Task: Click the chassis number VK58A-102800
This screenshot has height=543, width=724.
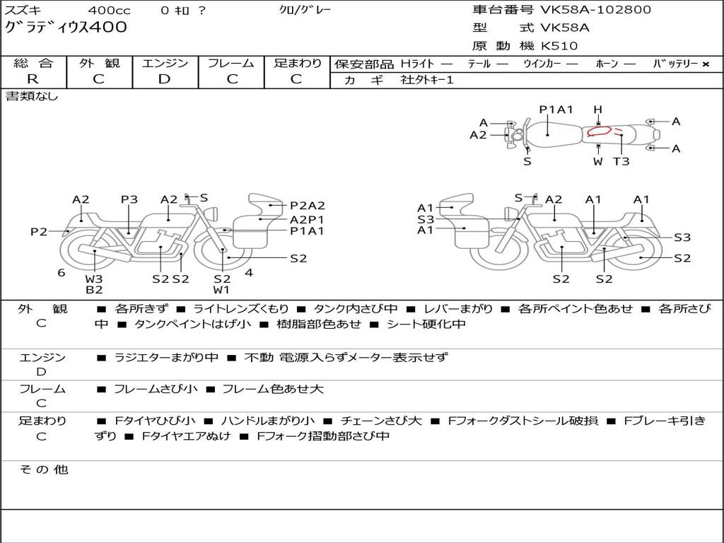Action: pos(596,10)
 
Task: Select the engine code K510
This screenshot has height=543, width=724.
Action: pos(559,46)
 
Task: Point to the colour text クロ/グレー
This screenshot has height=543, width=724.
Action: pos(305,10)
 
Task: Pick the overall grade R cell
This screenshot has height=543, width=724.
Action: pos(33,79)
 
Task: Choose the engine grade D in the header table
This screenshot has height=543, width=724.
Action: pos(165,79)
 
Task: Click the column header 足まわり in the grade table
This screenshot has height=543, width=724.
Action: pos(297,64)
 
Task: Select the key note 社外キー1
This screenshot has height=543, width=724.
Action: pos(427,80)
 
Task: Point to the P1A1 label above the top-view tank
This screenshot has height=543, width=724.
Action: pos(556,110)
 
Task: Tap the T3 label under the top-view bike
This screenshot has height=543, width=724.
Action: pos(621,161)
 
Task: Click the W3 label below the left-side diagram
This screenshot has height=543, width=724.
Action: pos(94,278)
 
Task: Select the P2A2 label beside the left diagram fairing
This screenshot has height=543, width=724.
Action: pos(308,206)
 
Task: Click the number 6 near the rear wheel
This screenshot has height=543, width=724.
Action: pos(62,272)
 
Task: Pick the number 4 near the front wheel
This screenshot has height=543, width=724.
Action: pos(249,272)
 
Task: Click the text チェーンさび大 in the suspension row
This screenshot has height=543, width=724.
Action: pos(381,421)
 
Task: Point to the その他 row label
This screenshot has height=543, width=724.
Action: pos(43,469)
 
